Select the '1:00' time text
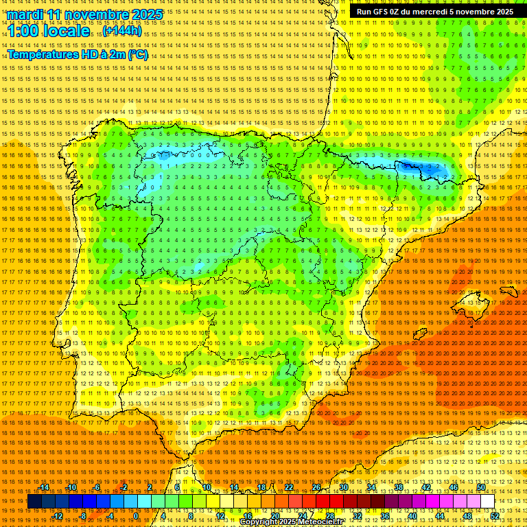(x=23, y=32)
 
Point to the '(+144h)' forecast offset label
(x=122, y=31)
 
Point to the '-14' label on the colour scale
(x=44, y=487)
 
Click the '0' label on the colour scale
(x=136, y=516)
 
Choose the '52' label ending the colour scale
(x=495, y=516)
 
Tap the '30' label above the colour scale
(x=343, y=487)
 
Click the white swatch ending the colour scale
(x=487, y=502)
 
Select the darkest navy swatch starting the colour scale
(x=34, y=502)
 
